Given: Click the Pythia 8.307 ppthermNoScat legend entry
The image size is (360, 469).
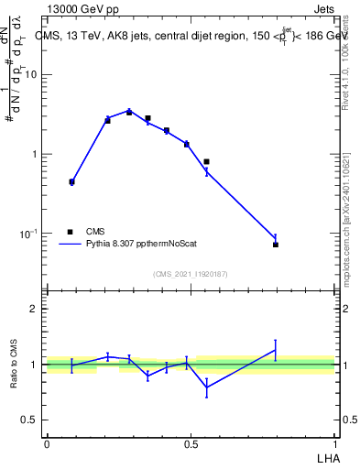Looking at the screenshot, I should coord(136,245).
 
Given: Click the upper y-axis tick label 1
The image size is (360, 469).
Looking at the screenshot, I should coord(35,154).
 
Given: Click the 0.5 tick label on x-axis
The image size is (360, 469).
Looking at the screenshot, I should coord(191,442).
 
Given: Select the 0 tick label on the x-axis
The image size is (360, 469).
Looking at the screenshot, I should coord(47,442).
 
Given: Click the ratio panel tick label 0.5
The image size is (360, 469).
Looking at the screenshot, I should coord(30,420).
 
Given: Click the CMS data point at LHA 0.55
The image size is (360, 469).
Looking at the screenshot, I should coord(206,162).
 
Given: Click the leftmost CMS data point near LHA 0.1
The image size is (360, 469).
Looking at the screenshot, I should coord(71,181).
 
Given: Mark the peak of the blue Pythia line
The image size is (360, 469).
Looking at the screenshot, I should coord(129,111).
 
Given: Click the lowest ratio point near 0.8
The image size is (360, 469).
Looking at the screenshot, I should coord(206,387).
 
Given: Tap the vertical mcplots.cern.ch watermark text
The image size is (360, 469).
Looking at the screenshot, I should coord(351,220).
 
